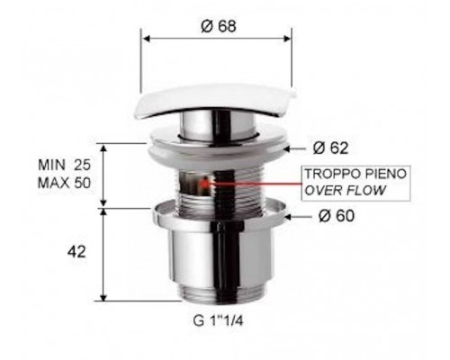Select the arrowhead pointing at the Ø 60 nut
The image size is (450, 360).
point(288,216)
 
